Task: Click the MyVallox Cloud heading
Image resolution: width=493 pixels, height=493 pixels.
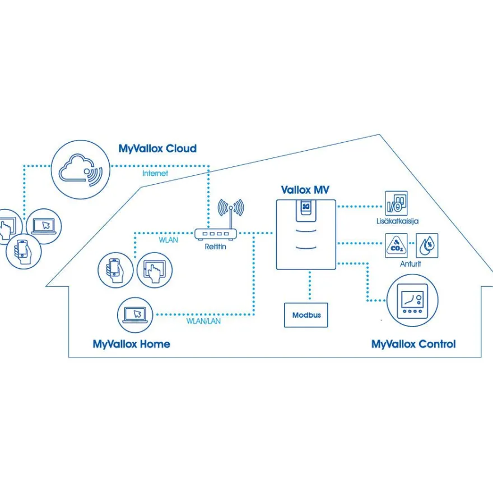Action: pyautogui.click(x=157, y=148)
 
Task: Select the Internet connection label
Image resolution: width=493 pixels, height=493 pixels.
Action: pyautogui.click(x=155, y=173)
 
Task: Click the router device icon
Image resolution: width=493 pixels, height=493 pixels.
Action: pyautogui.click(x=216, y=234)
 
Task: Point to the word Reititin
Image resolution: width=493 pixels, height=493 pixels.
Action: pyautogui.click(x=215, y=247)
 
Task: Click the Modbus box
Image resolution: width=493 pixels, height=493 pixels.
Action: pyautogui.click(x=306, y=315)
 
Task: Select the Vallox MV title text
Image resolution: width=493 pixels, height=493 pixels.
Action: pyautogui.click(x=305, y=190)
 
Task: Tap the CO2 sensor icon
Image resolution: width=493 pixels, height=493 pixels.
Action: pyautogui.click(x=397, y=245)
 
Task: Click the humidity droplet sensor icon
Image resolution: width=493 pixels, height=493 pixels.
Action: pyautogui.click(x=427, y=245)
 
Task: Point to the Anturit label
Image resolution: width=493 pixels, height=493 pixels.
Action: pyautogui.click(x=410, y=264)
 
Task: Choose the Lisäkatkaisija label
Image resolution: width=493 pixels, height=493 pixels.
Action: pyautogui.click(x=397, y=221)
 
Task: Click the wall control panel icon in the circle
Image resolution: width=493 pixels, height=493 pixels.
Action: pyautogui.click(x=412, y=301)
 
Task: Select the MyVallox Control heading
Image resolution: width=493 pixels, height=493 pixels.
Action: pyautogui.click(x=413, y=345)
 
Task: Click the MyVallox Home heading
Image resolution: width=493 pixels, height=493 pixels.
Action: pyautogui.click(x=132, y=345)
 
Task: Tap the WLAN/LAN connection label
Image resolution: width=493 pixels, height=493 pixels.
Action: pyautogui.click(x=203, y=322)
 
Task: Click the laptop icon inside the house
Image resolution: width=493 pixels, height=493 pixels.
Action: pyautogui.click(x=135, y=315)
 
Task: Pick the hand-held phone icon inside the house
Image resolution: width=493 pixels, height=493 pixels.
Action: pyautogui.click(x=115, y=271)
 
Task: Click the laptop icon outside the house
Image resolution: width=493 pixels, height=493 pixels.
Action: pyautogui.click(x=44, y=226)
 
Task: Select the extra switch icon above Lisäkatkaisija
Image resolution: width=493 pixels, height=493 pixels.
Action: pyautogui.click(x=397, y=203)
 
